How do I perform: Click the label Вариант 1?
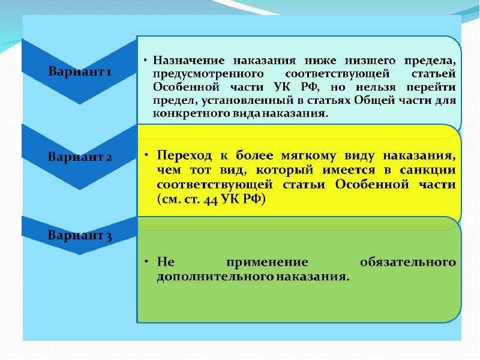coord(80,71)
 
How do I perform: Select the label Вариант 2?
coord(80,157)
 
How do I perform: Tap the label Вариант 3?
coord(80,235)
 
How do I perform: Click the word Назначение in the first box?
coord(188,61)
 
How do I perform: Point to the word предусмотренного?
coord(208,74)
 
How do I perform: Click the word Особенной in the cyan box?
coord(186,87)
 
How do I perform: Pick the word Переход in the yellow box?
coord(184,155)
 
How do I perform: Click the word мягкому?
coord(308,156)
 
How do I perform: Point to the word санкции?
coord(428,170)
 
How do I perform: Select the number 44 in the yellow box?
coord(211,200)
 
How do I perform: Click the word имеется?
coord(349,170)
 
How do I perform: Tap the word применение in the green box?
coord(267,262)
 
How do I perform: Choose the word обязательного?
coord(408,262)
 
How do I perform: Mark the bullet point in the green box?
coord(146,262)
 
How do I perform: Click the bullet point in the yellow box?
coord(146,155)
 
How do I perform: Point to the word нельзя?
coord(376,88)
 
